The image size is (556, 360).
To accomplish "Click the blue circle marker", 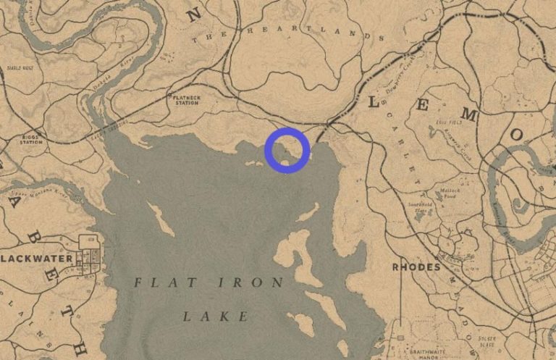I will (x=287, y=150).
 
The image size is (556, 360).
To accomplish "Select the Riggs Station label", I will (x=30, y=139).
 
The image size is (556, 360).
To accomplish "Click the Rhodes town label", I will (x=416, y=267).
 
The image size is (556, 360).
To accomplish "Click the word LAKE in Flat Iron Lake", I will (x=215, y=317).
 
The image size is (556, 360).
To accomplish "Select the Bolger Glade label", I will (x=486, y=340).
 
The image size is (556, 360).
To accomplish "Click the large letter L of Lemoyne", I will (x=374, y=103).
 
